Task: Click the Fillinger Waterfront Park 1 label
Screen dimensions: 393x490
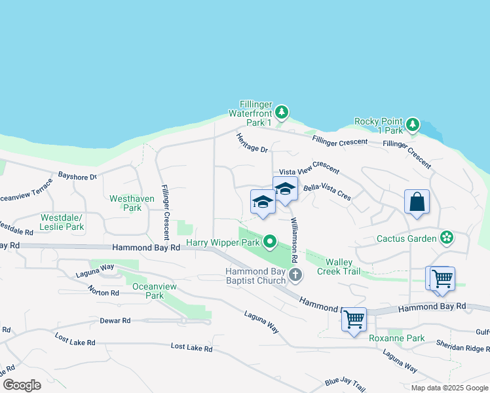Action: pos(249,113)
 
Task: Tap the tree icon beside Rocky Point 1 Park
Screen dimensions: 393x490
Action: pos(412,124)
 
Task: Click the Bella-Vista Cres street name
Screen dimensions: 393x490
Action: pos(327,192)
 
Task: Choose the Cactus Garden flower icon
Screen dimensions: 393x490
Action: pos(447,237)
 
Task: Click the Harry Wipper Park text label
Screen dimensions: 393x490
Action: pos(223,242)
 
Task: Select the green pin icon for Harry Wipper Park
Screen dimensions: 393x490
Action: pos(269,243)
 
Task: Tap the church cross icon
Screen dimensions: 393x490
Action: pos(295,274)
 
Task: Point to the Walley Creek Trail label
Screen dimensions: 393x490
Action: pos(339,267)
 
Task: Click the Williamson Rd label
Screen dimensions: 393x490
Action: pos(295,233)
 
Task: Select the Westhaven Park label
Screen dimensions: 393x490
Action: pos(124,202)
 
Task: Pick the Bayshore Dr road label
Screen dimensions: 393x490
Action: pos(77,176)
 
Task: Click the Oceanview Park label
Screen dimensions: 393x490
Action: pos(148,291)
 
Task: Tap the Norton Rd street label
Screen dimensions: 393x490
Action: pos(103,291)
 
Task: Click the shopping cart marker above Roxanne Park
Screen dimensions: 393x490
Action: pos(354,320)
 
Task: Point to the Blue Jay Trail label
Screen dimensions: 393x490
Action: pos(344,382)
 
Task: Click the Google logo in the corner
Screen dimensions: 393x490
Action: pos(22,384)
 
